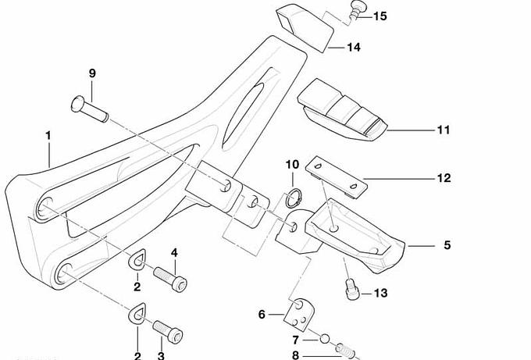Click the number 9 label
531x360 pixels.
[x=92, y=73]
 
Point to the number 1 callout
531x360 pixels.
[x=48, y=136]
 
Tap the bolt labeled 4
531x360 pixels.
[x=170, y=278]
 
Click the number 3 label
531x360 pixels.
[x=161, y=355]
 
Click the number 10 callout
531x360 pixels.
[x=292, y=165]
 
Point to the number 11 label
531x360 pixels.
[x=443, y=130]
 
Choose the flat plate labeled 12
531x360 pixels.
[x=337, y=176]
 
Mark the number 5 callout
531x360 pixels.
[x=447, y=245]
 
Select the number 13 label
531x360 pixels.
[x=380, y=294]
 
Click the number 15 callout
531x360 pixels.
[x=380, y=16]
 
